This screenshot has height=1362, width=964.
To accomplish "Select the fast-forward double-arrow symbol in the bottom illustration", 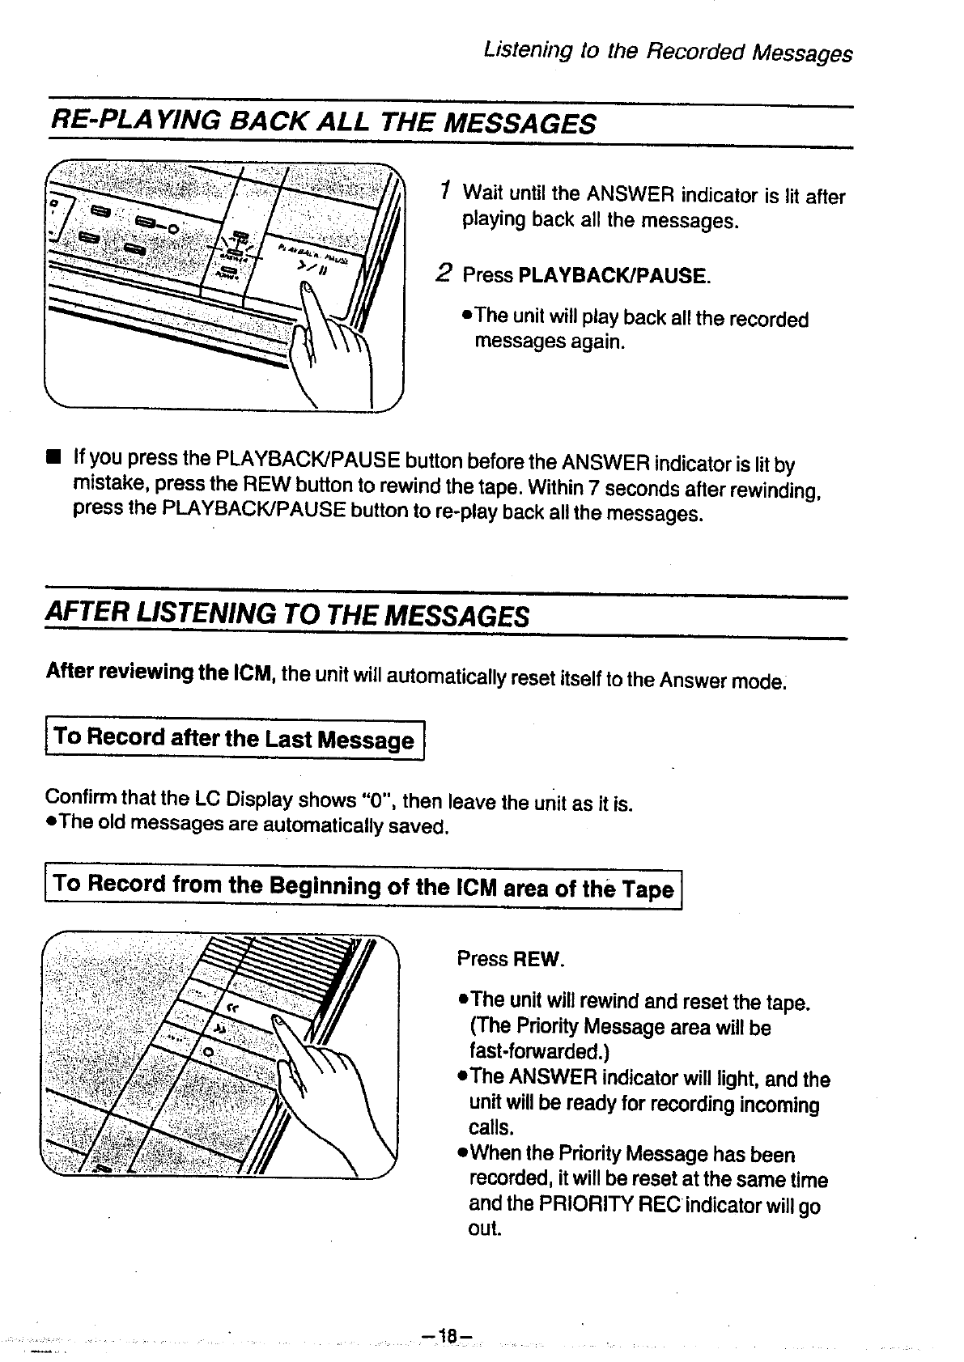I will (220, 1029).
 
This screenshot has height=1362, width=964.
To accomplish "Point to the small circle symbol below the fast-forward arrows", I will (208, 1051).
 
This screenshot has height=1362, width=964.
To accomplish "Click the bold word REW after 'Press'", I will (535, 960).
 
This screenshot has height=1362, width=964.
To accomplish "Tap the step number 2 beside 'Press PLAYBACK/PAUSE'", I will (442, 273).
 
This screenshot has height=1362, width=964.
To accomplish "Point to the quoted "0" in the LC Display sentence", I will (376, 800).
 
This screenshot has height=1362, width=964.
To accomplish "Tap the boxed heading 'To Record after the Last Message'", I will (234, 739).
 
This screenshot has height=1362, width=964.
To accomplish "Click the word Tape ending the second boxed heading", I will (648, 889).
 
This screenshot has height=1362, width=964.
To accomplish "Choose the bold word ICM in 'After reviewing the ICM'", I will (254, 672).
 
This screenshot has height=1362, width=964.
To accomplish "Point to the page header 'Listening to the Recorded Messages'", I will (667, 53).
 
